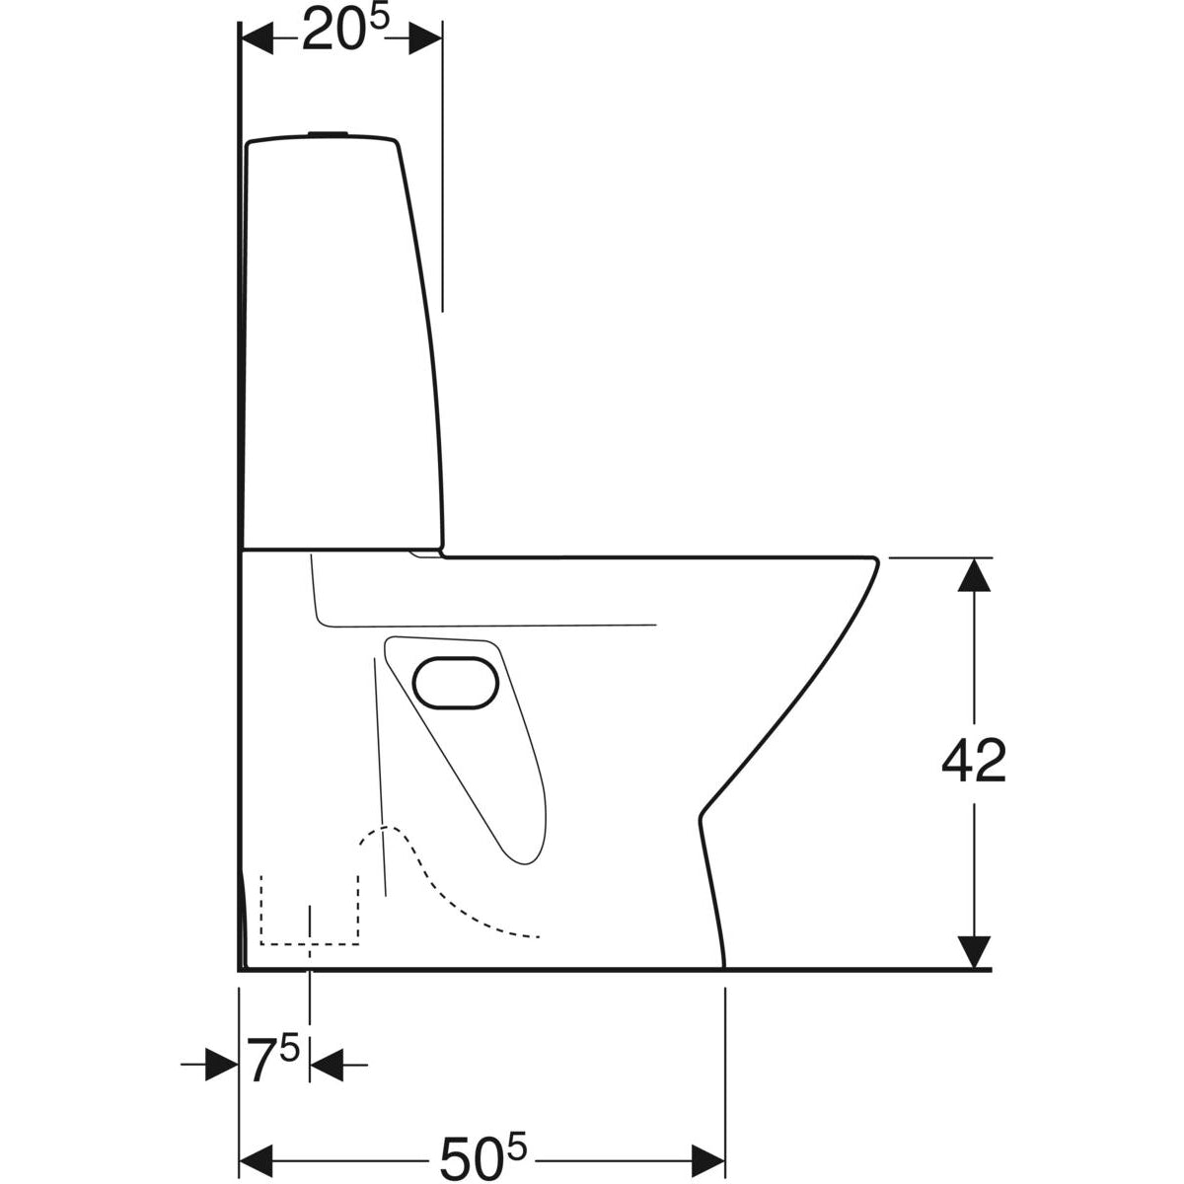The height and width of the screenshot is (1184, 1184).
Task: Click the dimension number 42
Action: click(973, 762)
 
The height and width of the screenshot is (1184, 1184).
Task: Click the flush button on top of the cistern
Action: click(327, 133)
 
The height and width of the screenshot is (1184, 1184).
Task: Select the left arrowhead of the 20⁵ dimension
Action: click(258, 38)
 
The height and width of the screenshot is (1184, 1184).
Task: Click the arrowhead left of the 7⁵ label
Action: click(222, 1065)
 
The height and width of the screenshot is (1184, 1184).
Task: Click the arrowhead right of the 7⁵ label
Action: click(327, 1065)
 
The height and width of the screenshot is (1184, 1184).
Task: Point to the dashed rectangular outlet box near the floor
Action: click(309, 910)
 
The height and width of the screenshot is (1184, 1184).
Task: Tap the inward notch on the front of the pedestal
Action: click(702, 815)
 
